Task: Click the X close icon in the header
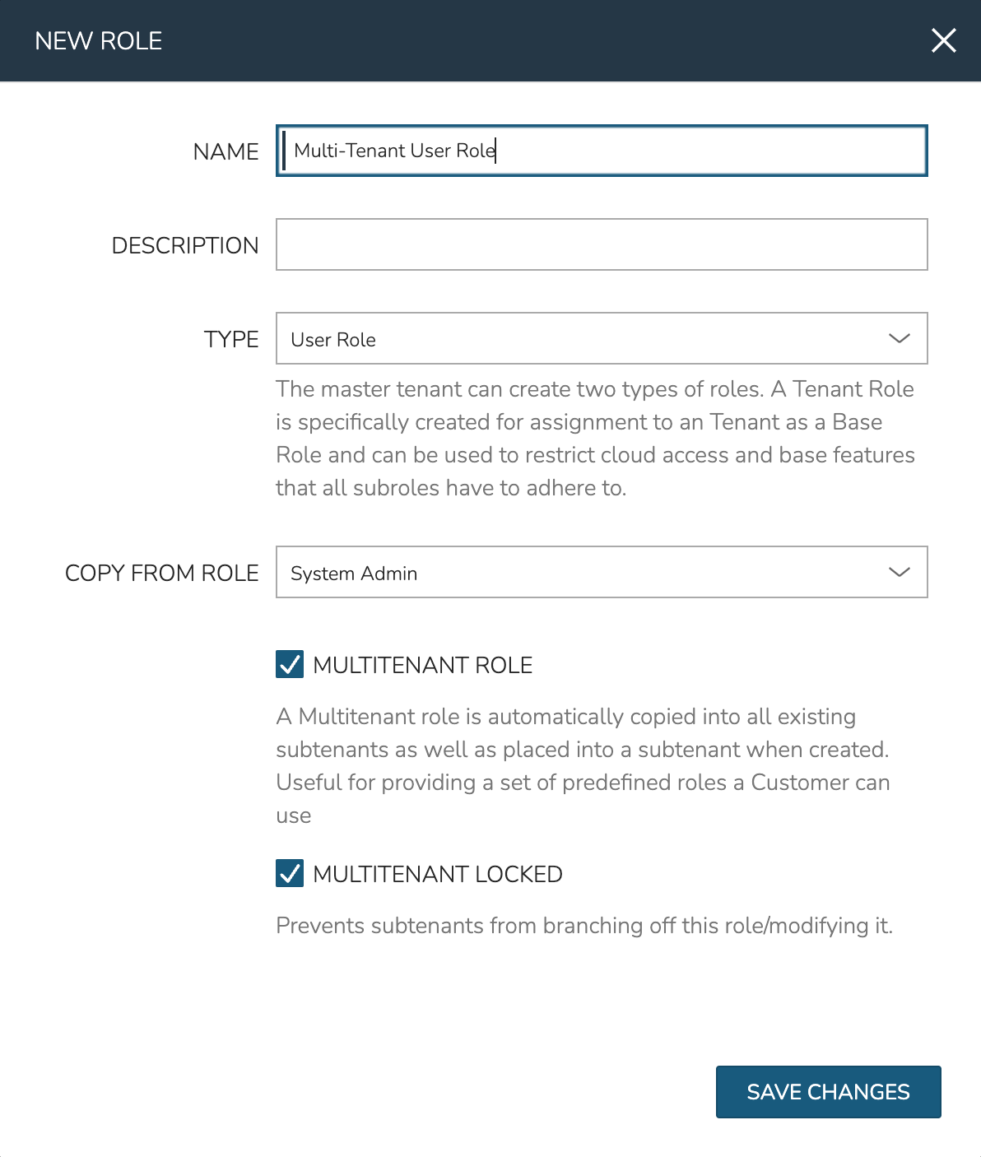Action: (x=943, y=40)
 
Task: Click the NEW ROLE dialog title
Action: (x=99, y=41)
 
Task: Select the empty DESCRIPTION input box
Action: (x=602, y=244)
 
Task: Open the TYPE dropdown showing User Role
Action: (x=576, y=338)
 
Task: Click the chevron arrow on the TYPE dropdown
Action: (x=899, y=338)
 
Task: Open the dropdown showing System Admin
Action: (x=576, y=572)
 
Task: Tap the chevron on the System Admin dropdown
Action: (x=899, y=572)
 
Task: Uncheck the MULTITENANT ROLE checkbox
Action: (x=290, y=664)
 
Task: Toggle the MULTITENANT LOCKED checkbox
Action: (x=290, y=873)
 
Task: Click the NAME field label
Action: (x=225, y=151)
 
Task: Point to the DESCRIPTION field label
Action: (x=185, y=245)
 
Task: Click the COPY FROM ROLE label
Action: (x=162, y=573)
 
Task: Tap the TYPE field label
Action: (x=231, y=339)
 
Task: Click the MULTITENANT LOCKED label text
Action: (x=438, y=874)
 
